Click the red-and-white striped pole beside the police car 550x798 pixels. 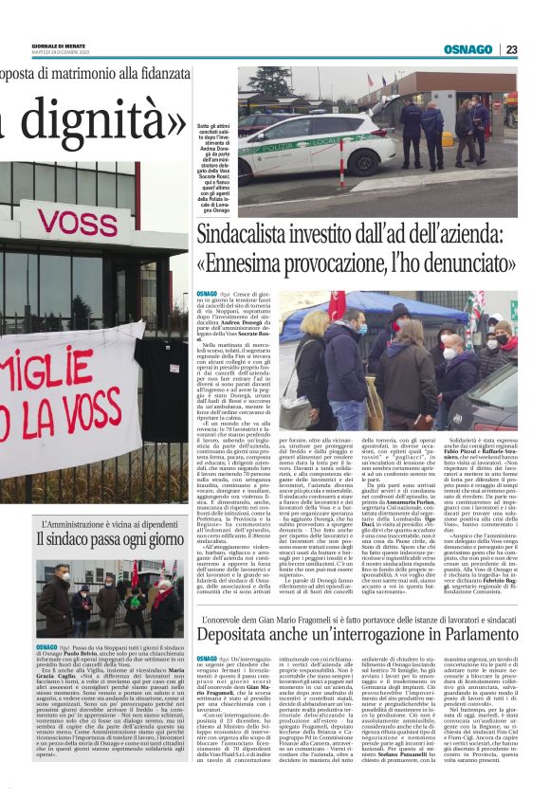click(342, 161)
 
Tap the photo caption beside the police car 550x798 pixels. click(213, 170)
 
